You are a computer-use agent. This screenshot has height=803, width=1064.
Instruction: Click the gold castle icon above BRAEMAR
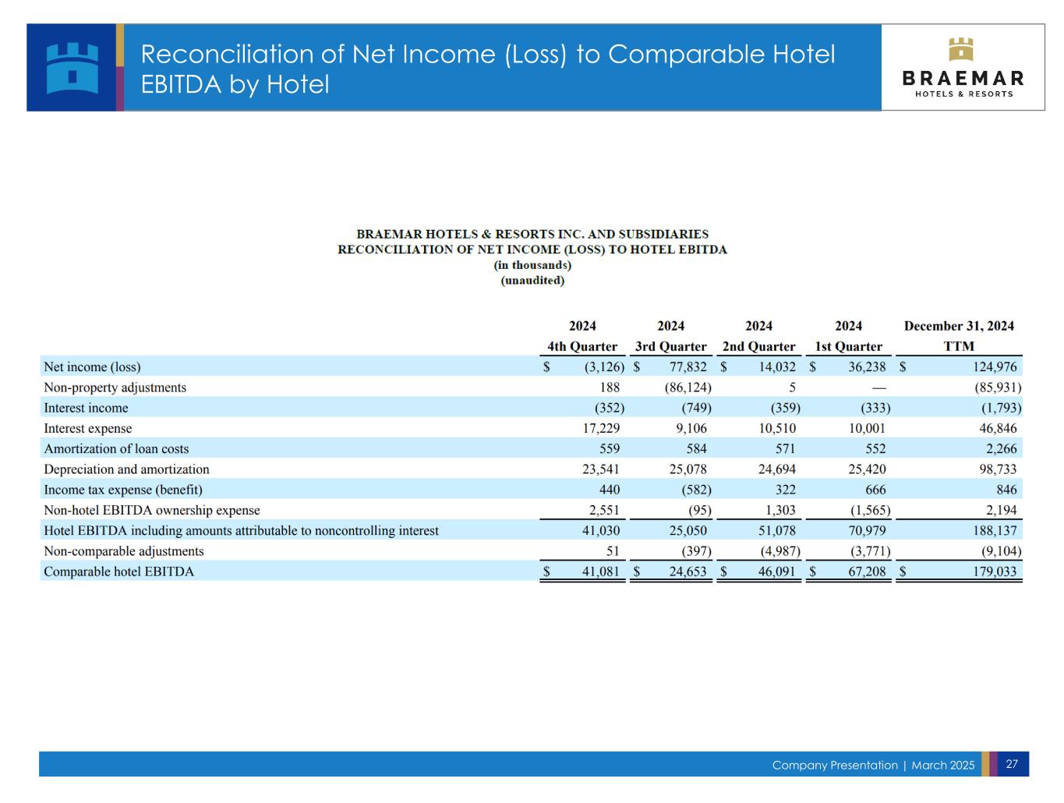point(953,49)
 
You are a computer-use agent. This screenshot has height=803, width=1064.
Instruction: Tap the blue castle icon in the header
point(72,68)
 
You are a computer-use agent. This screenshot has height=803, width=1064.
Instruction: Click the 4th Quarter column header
point(578,344)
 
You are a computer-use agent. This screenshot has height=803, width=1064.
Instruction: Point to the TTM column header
point(951,344)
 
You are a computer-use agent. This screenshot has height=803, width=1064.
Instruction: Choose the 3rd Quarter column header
point(666,344)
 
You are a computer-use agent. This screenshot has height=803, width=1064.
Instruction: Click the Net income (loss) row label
point(92,364)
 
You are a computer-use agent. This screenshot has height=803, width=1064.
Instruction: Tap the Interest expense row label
point(87,425)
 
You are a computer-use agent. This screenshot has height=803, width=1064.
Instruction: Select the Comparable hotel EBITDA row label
point(118,567)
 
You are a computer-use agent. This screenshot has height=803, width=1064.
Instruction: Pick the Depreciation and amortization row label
point(125,465)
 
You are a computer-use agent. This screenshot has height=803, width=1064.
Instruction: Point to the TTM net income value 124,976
point(987,364)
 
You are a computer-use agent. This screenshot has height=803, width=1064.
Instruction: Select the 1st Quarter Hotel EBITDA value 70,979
point(860,526)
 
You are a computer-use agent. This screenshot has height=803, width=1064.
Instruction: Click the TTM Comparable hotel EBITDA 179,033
point(987,567)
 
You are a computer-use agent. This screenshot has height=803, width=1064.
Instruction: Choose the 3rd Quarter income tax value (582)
point(691,486)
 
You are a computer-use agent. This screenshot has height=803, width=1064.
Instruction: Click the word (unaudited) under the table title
point(528,278)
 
